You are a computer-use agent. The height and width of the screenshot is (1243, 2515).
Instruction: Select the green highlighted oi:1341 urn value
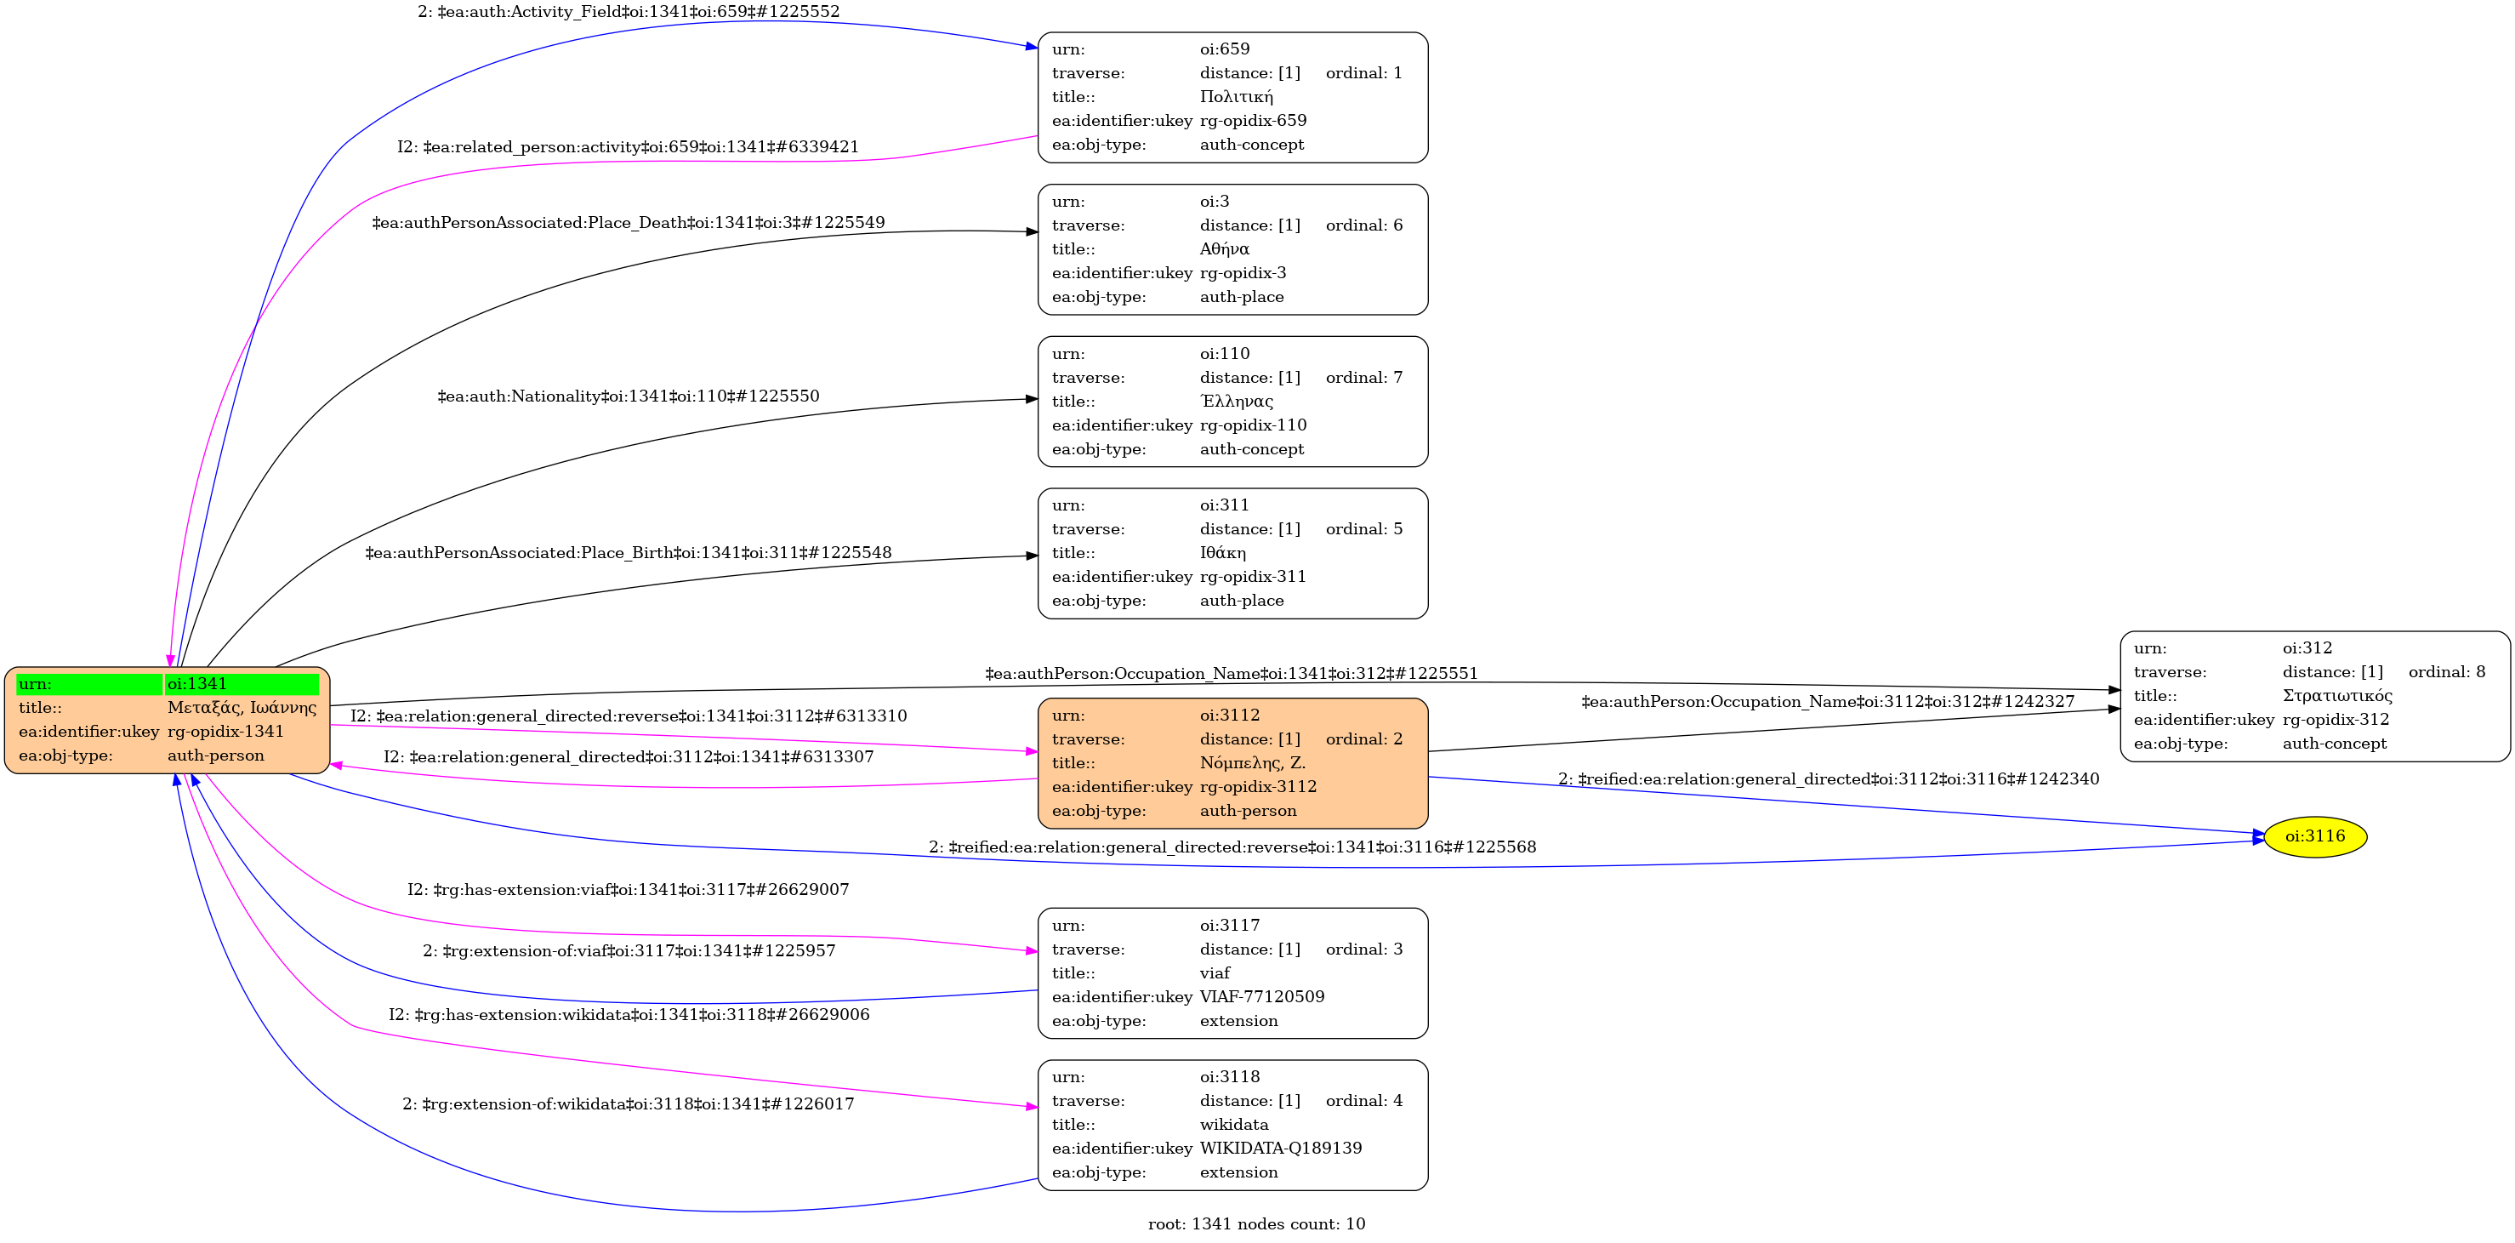pos(242,683)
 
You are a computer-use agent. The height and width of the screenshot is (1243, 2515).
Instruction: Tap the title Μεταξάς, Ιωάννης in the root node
pos(242,708)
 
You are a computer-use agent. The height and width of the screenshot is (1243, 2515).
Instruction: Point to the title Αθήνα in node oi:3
pos(1224,249)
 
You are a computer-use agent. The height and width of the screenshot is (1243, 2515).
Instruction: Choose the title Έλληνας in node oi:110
pos(1236,402)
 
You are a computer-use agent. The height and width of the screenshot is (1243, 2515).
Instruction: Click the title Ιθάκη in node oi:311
pos(1222,553)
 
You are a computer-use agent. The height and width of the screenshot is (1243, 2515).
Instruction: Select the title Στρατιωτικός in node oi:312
pos(2336,696)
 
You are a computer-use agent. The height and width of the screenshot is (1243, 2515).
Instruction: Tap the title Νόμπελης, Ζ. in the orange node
pos(1253,762)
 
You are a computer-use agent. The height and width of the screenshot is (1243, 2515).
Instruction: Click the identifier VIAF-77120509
pos(1261,997)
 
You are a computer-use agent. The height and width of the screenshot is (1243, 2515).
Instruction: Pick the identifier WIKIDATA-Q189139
pos(1280,1149)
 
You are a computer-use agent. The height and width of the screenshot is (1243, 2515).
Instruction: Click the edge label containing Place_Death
pos(628,223)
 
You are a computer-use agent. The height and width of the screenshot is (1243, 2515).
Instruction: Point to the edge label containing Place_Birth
pos(628,553)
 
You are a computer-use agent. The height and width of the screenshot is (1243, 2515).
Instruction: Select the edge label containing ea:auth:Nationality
pos(628,396)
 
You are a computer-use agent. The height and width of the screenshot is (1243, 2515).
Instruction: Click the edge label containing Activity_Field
pos(628,12)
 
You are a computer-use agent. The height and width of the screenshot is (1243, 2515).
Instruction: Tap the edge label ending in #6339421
pos(628,147)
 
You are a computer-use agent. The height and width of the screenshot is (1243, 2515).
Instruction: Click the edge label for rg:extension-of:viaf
pos(628,951)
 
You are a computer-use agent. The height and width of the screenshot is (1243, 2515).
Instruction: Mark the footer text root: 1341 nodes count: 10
pos(1255,1224)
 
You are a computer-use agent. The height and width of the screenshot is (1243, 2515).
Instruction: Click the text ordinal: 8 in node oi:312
pos(2445,672)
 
